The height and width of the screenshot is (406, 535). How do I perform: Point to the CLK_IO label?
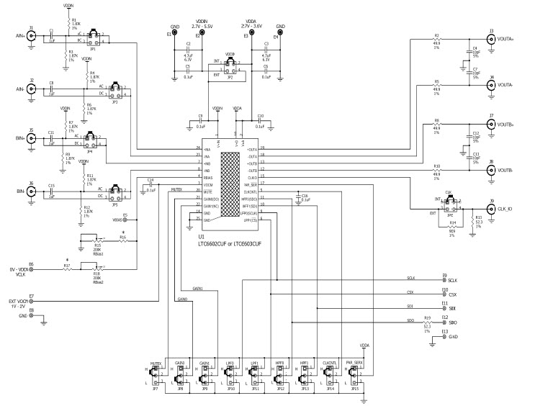(x=505, y=209)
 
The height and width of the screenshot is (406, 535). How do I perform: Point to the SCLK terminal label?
(x=452, y=279)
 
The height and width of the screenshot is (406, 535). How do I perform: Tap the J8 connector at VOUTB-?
(x=491, y=171)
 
